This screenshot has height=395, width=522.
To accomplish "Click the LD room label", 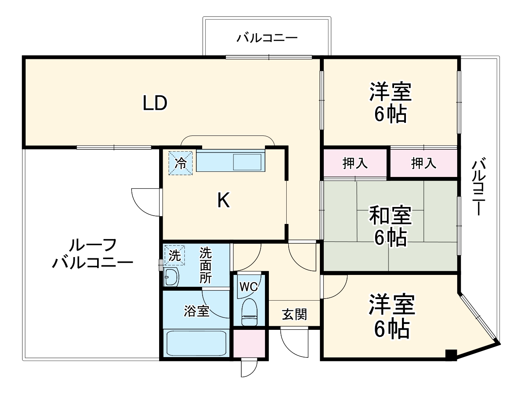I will coord(155,103).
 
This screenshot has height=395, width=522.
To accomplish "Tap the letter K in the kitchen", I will coord(223,201).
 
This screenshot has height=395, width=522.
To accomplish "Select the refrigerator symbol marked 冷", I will coord(181,163).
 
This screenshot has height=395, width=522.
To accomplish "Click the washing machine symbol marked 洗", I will coord(174,256).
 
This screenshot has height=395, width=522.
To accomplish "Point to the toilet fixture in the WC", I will coord(249,312).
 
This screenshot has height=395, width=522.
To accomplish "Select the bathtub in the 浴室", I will coord(196,343).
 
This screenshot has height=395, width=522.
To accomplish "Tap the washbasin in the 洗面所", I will coord(171,277).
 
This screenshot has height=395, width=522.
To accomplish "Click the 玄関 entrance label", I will coord(294,314).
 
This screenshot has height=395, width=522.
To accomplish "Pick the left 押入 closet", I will coord(355,163).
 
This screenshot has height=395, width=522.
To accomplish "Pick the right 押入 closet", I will coord(423,163).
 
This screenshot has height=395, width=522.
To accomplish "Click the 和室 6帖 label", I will coord(390,226).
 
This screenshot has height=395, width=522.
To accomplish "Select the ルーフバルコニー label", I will coord(92,254).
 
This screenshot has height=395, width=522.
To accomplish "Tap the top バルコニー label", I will coord(267,38).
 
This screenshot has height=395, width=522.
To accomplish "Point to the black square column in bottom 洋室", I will coord(451,355).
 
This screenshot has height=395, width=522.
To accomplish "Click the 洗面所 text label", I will coord(205,265).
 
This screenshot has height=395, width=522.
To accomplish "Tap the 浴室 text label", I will coord(196,311).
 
